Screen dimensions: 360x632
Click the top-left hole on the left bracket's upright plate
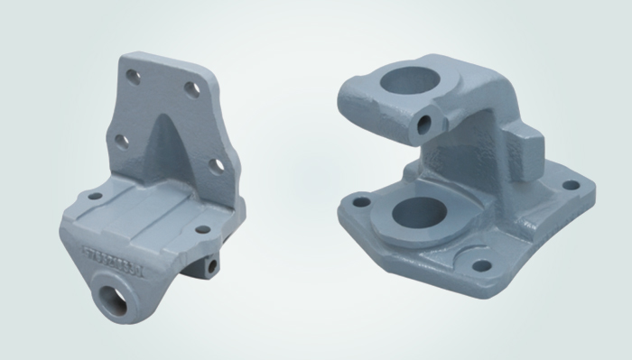point(135,78)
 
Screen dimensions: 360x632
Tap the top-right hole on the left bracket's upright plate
point(192,88)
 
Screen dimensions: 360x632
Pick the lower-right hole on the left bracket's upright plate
point(216,165)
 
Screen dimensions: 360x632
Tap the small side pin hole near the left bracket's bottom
point(211,266)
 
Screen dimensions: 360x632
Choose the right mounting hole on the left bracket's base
point(200,231)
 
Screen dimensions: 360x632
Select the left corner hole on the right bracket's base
point(361,201)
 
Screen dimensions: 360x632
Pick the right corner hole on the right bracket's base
point(571,185)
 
